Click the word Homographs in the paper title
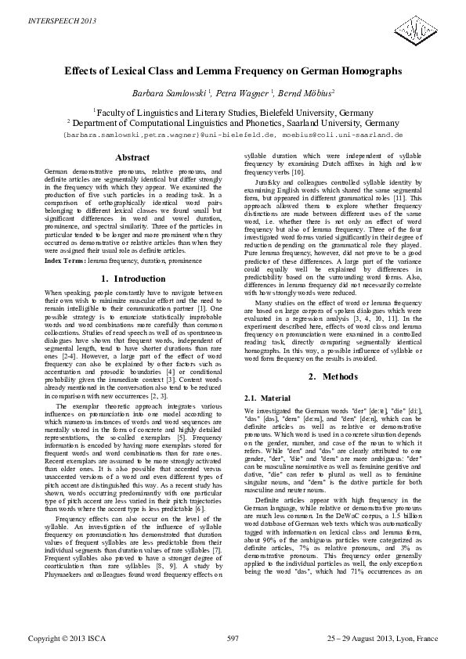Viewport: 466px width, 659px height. click(x=362, y=71)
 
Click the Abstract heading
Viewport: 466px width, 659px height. click(x=132, y=157)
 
